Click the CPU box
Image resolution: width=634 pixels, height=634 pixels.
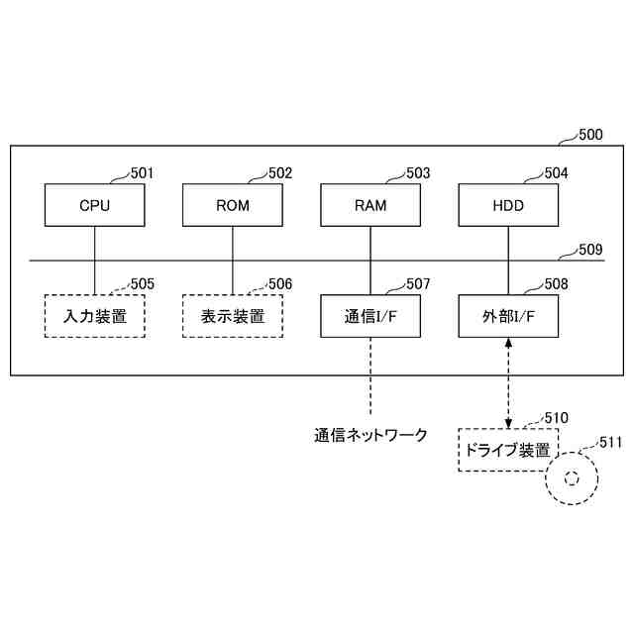click(95, 206)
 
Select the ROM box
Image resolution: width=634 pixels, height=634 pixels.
click(233, 206)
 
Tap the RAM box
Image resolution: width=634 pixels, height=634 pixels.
click(370, 206)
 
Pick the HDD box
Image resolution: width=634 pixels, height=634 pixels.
click(508, 206)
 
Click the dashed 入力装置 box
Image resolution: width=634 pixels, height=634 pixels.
click(95, 317)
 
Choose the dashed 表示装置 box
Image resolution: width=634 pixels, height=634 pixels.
click(233, 317)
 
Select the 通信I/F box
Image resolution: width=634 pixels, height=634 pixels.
click(370, 317)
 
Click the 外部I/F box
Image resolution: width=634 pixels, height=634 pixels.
click(508, 317)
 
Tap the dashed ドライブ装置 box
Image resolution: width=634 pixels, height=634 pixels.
click(508, 450)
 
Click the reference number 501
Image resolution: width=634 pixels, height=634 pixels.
click(143, 173)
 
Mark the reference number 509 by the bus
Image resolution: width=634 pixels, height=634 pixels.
click(590, 250)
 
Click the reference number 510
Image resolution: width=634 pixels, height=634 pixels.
click(556, 417)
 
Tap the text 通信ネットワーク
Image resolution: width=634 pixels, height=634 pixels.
click(371, 434)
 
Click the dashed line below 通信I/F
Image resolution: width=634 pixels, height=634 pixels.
click(370, 376)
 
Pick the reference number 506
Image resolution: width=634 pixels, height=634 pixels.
click(280, 284)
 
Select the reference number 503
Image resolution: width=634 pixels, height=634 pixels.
click(418, 173)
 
